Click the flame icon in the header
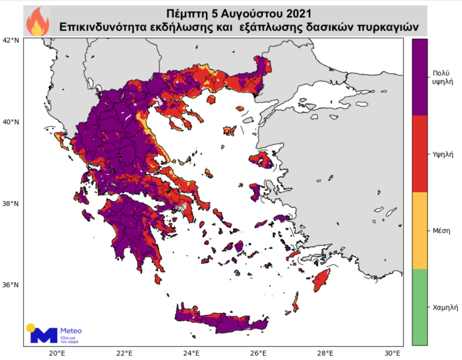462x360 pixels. tap(37, 21)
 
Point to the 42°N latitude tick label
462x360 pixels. tap(11, 40)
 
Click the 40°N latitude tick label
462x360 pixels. tap(11, 122)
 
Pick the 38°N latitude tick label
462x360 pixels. tap(11, 204)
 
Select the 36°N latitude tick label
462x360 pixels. tap(11, 285)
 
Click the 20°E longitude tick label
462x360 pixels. tap(57, 352)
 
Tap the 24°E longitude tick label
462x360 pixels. tap(191, 352)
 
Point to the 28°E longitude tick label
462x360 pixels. tap(325, 352)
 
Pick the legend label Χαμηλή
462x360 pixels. tap(442, 307)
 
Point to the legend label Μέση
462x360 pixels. tap(439, 230)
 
